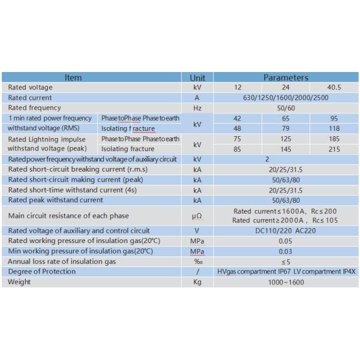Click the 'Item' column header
click(x=73, y=77)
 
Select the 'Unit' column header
click(x=197, y=77)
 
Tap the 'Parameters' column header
click(x=286, y=77)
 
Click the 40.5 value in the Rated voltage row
click(x=334, y=88)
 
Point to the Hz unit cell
click(x=197, y=108)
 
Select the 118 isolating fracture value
click(x=334, y=128)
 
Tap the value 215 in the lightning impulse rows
click(x=334, y=149)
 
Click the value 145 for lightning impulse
click(x=286, y=149)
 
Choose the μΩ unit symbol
click(x=197, y=215)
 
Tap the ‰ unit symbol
click(x=197, y=262)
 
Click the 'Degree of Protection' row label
click(x=42, y=272)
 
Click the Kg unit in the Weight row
click(x=197, y=282)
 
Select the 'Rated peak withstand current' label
click(x=55, y=200)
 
